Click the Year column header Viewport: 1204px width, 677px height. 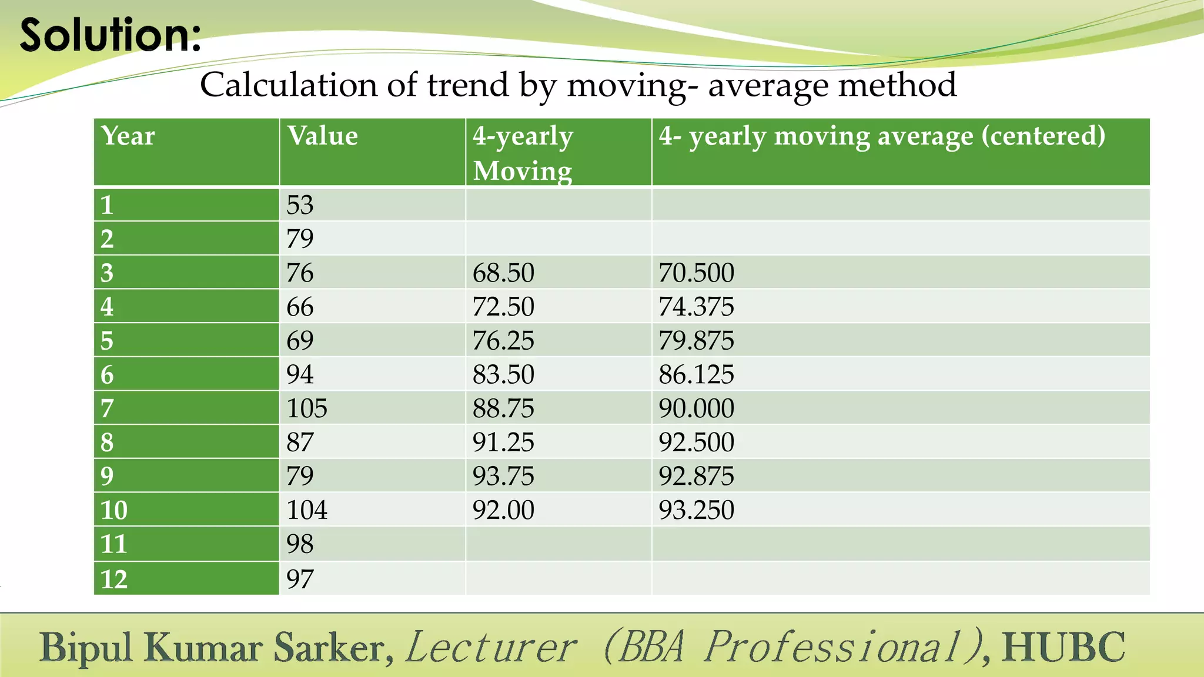(128, 136)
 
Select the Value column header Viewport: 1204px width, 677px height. (322, 136)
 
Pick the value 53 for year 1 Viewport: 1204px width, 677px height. (300, 205)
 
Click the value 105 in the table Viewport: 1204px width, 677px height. (306, 408)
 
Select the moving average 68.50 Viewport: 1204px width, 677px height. (503, 273)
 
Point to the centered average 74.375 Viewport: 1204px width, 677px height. (696, 307)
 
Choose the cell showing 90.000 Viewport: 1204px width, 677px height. (696, 408)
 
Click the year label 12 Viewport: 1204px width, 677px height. (113, 579)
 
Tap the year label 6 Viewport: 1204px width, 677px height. (107, 375)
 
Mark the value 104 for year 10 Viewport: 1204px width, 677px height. (306, 510)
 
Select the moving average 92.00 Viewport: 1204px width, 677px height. (503, 510)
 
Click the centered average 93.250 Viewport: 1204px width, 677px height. (696, 510)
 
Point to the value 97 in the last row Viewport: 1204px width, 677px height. (300, 579)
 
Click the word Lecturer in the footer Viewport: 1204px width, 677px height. (491, 647)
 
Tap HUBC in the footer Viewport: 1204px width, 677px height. (1063, 647)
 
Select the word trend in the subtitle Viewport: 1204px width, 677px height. (467, 85)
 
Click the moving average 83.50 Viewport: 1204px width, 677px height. (503, 375)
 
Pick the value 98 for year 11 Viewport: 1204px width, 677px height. (300, 544)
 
